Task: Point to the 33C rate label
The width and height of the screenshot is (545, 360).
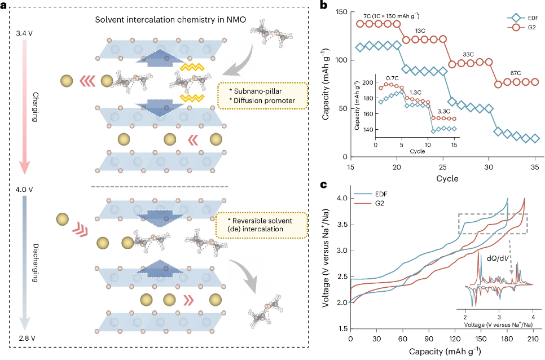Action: (468, 54)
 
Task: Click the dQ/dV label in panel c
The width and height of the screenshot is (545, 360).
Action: (500, 259)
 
